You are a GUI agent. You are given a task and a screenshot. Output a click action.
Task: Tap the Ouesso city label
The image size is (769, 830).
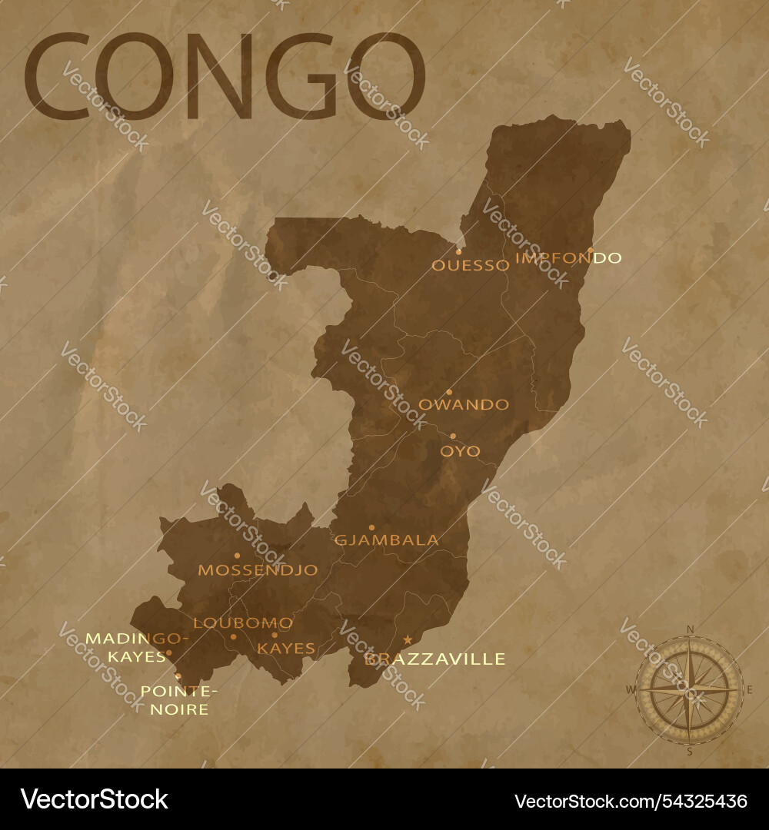click(x=470, y=266)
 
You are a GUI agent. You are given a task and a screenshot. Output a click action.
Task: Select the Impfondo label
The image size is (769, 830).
click(x=568, y=258)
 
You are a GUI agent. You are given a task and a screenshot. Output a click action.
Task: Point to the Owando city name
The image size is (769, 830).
click(x=463, y=404)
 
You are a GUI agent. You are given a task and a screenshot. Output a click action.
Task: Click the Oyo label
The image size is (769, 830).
click(x=460, y=451)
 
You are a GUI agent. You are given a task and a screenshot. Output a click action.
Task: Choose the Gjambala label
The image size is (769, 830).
click(x=387, y=540)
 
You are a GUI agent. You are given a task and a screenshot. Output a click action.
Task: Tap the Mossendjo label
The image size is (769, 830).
click(x=258, y=570)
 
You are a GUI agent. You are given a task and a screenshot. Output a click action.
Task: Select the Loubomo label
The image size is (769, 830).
click(x=243, y=623)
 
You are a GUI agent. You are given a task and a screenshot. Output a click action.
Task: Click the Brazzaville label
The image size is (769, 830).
click(x=435, y=659)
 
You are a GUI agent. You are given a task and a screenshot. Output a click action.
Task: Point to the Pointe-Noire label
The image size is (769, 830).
click(x=179, y=700)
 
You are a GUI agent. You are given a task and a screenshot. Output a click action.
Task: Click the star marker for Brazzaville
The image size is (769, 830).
click(x=408, y=639)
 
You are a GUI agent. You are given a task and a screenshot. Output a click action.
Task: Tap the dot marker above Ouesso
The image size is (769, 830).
click(x=459, y=251)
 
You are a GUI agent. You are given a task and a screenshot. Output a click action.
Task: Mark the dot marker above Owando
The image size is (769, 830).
click(x=449, y=392)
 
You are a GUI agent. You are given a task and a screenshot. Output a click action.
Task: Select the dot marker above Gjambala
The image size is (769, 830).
click(x=371, y=528)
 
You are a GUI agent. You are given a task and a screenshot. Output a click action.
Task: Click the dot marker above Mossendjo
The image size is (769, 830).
click(x=237, y=555)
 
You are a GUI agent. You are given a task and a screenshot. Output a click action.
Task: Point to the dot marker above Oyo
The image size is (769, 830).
click(x=452, y=436)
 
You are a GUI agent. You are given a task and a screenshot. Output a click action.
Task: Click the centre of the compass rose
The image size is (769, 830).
click(x=690, y=689)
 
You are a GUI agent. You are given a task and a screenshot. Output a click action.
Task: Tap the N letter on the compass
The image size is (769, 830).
click(x=690, y=629)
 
